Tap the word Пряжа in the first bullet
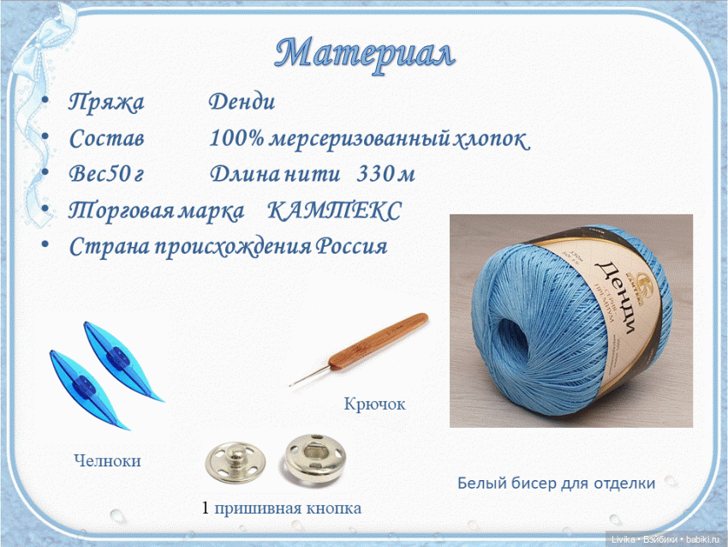106,103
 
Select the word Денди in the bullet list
242,103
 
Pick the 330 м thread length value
385,174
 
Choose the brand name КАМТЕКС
335,210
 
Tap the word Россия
352,247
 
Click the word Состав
106,138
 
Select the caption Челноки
107,461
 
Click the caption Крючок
374,403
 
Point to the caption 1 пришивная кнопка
282,508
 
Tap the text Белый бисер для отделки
557,483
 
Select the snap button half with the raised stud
230,460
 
